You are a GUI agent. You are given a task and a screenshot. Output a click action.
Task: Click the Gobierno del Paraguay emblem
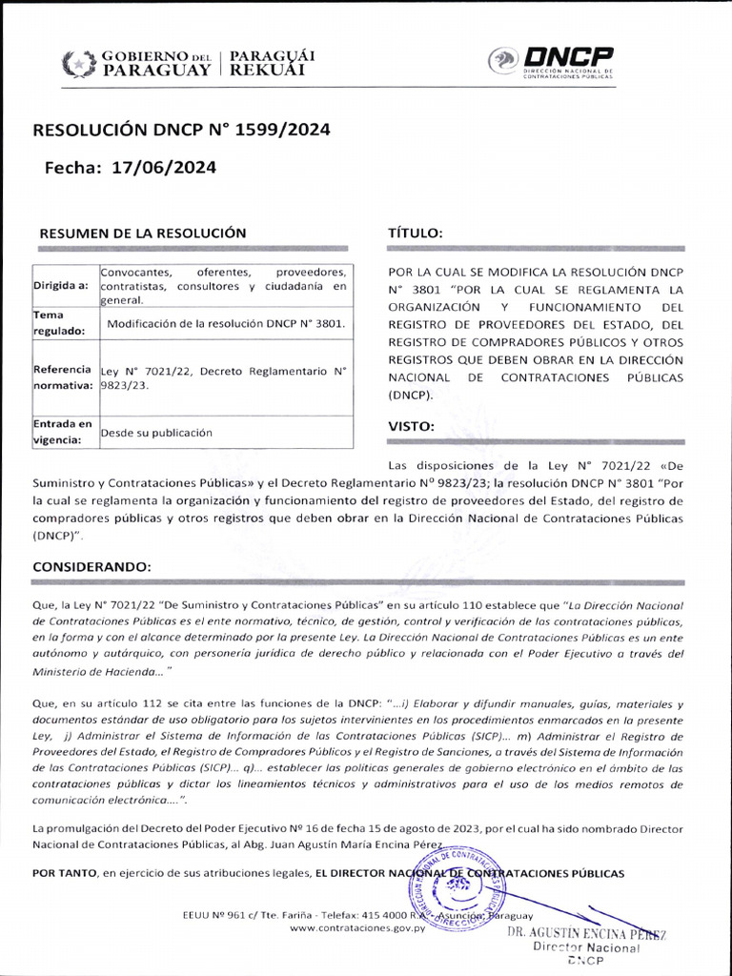point(77,64)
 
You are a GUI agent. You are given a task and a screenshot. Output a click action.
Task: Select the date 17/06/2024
point(164,168)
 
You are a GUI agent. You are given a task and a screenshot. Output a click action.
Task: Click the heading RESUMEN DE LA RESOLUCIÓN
point(142,233)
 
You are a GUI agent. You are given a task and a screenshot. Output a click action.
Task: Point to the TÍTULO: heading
point(415,233)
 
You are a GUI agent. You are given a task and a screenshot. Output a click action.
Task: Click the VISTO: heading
point(412,426)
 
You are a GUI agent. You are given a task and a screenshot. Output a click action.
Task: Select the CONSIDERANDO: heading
point(91,566)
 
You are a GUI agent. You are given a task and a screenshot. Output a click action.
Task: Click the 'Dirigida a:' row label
point(61,285)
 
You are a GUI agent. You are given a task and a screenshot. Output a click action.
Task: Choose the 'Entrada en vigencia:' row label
point(63,432)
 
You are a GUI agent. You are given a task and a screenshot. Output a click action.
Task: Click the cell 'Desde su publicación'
point(156,433)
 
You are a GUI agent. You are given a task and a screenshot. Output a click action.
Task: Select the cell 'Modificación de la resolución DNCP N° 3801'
point(225,324)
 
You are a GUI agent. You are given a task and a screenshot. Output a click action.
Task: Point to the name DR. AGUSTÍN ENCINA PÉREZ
point(585,933)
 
